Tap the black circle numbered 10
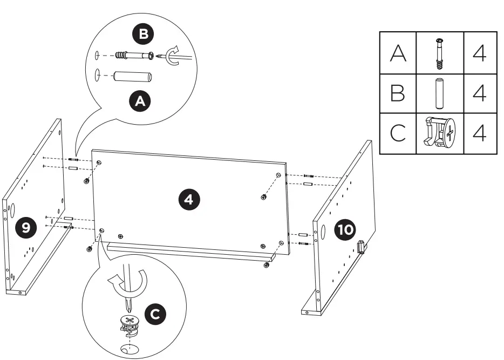345,230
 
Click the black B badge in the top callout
143,35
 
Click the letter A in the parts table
398,53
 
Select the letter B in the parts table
398,93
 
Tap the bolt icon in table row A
439,53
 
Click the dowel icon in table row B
439,93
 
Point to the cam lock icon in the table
439,133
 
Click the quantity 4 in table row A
479,53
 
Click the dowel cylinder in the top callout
131,76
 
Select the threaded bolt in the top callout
138,56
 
